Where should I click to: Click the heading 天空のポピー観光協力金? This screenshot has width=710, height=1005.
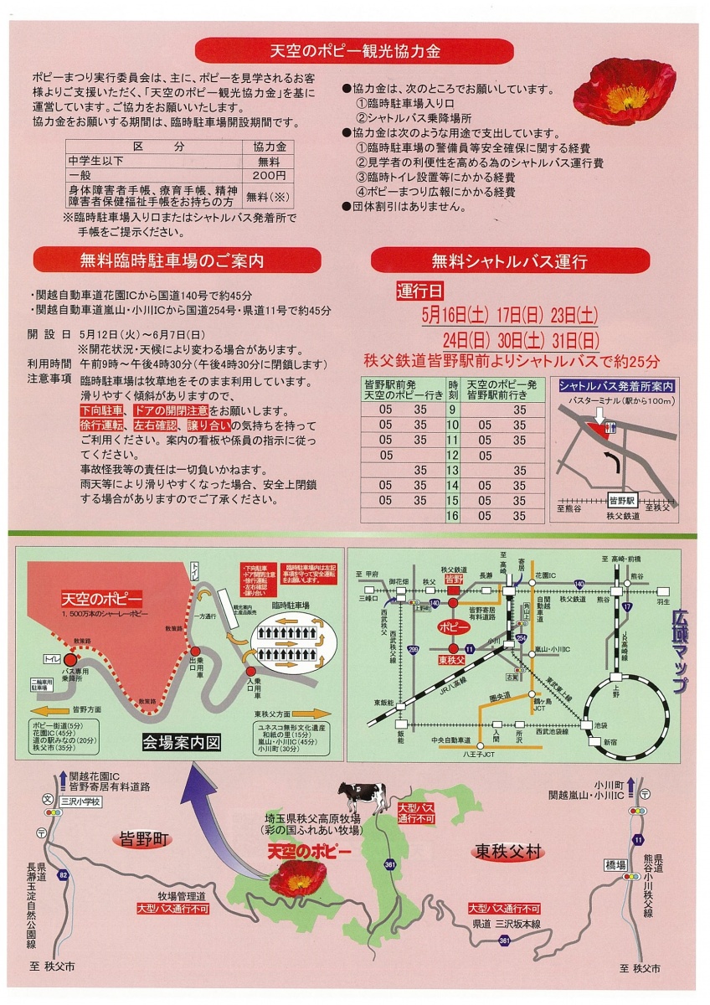355,51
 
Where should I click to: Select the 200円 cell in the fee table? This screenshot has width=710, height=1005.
268,177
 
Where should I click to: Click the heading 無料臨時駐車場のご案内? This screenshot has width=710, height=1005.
177,260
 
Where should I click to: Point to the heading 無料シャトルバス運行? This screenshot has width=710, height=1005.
509,260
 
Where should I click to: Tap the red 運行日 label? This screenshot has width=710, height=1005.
420,291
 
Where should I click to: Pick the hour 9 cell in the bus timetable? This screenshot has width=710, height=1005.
452,410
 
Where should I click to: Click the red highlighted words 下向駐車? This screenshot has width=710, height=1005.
101,410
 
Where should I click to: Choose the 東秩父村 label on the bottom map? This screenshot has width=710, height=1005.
508,852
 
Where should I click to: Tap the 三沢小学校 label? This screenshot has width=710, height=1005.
80,801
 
